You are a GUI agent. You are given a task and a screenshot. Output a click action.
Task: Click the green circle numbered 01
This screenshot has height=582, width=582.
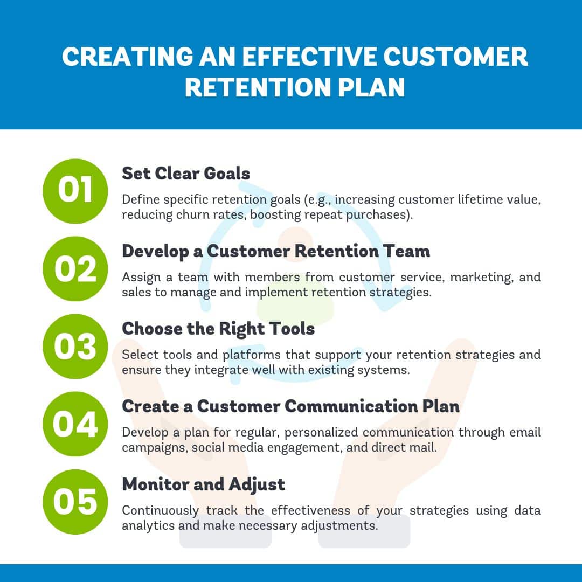[75, 191]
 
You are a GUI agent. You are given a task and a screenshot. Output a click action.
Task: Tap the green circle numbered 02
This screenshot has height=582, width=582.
[75, 269]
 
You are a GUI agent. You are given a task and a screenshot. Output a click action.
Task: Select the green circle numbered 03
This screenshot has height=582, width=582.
[75, 347]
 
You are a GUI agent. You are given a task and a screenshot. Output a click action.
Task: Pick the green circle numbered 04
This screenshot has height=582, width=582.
[75, 424]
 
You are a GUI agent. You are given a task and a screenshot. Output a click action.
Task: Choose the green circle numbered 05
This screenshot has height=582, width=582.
[75, 502]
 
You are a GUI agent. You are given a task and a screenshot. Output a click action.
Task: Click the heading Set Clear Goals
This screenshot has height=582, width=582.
[186, 174]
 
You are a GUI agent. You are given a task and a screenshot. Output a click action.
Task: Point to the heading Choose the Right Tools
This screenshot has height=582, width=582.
[218, 329]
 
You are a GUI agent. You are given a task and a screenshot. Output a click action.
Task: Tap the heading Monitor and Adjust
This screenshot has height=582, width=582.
[203, 485]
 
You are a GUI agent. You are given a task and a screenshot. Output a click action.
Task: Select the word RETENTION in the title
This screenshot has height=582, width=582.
[258, 88]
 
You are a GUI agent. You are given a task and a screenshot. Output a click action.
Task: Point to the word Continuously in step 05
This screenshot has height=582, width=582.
[161, 511]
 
